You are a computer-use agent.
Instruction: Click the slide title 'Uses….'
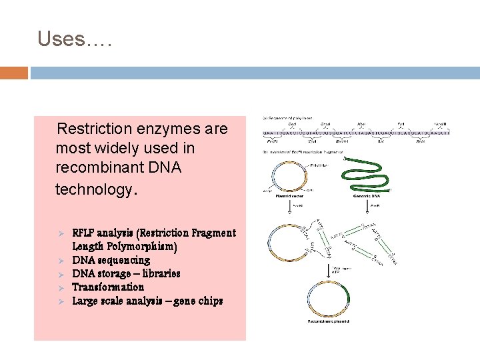[x=75, y=39]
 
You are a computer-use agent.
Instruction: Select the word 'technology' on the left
[x=94, y=189]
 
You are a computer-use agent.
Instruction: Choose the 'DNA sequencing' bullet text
[x=111, y=260]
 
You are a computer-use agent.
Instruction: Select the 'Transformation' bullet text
[x=108, y=287]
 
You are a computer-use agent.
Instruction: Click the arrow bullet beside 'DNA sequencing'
[x=59, y=260]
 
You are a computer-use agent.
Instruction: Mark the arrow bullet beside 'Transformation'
[x=59, y=287]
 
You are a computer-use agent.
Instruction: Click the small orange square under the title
[x=14, y=72]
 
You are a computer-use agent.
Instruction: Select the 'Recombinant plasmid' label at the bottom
[x=329, y=321]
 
